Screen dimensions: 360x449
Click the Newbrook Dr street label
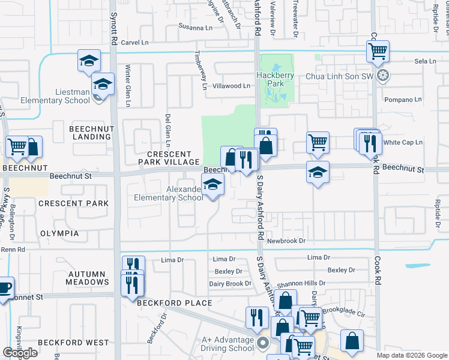[x=286, y=241]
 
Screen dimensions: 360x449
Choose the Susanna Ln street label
[x=196, y=26]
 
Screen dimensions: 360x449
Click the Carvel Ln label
[x=134, y=43]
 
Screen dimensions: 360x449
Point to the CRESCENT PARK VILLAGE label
[x=169, y=158]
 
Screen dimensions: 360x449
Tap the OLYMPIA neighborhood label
[x=59, y=233]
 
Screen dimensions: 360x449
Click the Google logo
[x=20, y=353]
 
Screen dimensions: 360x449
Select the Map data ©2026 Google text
[x=411, y=355]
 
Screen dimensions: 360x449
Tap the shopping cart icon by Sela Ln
[x=378, y=52]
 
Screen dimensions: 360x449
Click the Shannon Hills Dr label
[x=301, y=283]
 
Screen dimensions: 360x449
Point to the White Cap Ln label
[x=403, y=142]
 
